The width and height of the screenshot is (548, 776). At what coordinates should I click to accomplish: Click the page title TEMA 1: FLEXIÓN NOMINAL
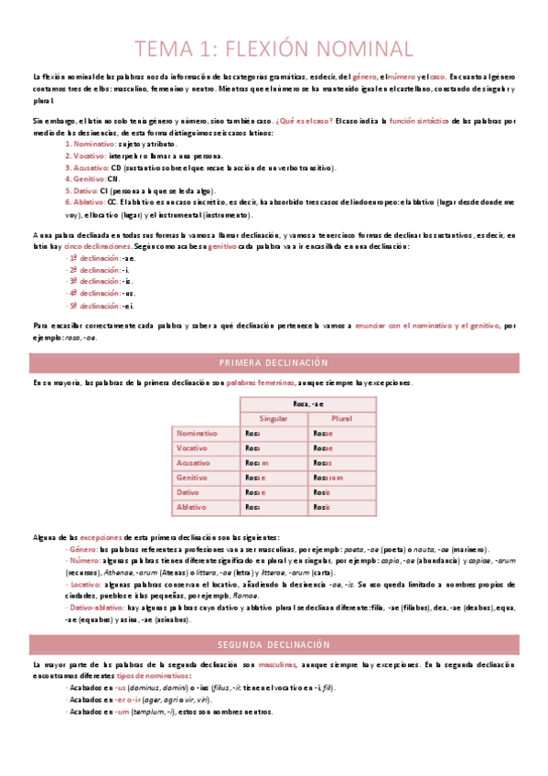[x=274, y=48]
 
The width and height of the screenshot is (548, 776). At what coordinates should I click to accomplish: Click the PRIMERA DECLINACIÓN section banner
[x=274, y=362]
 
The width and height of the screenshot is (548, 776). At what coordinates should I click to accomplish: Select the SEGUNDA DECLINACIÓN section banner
[x=274, y=619]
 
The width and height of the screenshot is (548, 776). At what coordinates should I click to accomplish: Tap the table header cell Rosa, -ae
[x=307, y=403]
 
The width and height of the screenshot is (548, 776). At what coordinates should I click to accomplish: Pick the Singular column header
[x=274, y=418]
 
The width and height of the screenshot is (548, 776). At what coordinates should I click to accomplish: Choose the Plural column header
[x=341, y=418]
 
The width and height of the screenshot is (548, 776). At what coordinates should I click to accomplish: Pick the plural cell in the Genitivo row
[x=341, y=478]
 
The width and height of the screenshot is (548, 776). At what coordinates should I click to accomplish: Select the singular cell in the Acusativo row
[x=274, y=463]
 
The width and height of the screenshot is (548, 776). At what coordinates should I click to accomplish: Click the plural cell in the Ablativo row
[x=341, y=507]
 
